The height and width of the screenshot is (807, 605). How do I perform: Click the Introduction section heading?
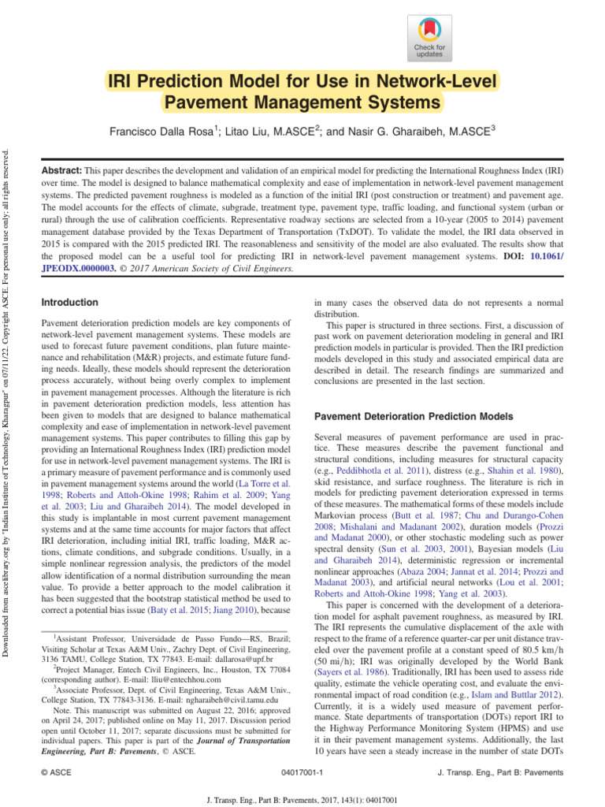point(69,303)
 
